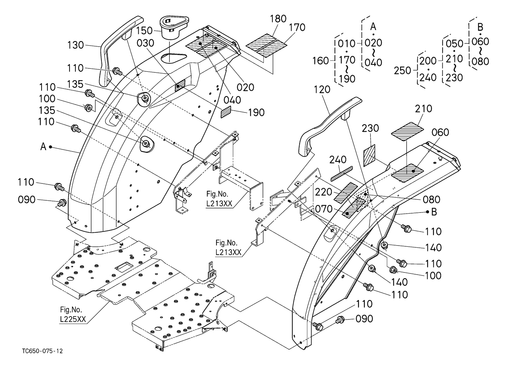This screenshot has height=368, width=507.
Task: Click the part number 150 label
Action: (144, 31)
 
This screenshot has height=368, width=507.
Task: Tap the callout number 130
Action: (76, 46)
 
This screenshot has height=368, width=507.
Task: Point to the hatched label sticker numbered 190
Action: (226, 112)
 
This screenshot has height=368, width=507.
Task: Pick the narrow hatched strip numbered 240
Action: (341, 173)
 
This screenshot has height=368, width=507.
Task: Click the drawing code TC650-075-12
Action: (42, 351)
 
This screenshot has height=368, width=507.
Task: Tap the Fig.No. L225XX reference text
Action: (72, 314)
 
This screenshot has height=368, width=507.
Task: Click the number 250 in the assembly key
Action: (402, 70)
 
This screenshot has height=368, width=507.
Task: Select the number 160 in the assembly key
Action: (320, 60)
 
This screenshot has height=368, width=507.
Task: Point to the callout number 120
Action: (322, 89)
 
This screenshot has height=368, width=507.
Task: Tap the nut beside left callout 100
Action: (89, 108)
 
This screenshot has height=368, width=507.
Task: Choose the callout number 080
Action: (432, 200)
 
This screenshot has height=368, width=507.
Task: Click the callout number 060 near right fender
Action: (440, 132)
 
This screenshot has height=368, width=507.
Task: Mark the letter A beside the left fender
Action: (43, 147)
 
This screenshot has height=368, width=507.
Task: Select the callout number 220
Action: (324, 192)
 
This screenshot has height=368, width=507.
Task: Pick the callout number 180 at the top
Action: (278, 19)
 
